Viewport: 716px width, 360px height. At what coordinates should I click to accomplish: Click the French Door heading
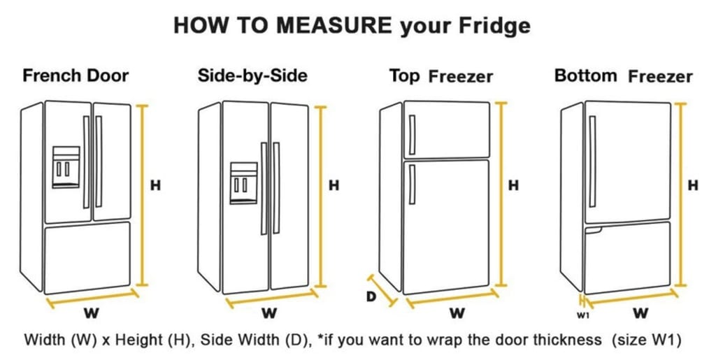click(76, 75)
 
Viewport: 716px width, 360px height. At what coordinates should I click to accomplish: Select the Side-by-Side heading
click(252, 75)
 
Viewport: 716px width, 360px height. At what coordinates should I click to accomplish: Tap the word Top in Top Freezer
click(404, 75)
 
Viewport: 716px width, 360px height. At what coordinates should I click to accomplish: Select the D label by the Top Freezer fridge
click(372, 296)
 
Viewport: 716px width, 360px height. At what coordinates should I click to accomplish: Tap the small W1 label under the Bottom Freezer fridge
click(582, 315)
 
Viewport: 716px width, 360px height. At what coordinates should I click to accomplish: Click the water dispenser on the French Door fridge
click(66, 167)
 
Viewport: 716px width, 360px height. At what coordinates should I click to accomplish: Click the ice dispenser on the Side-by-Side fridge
click(243, 183)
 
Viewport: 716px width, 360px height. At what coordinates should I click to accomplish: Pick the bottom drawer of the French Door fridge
click(87, 257)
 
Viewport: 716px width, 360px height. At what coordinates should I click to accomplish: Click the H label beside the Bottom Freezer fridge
click(693, 185)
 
